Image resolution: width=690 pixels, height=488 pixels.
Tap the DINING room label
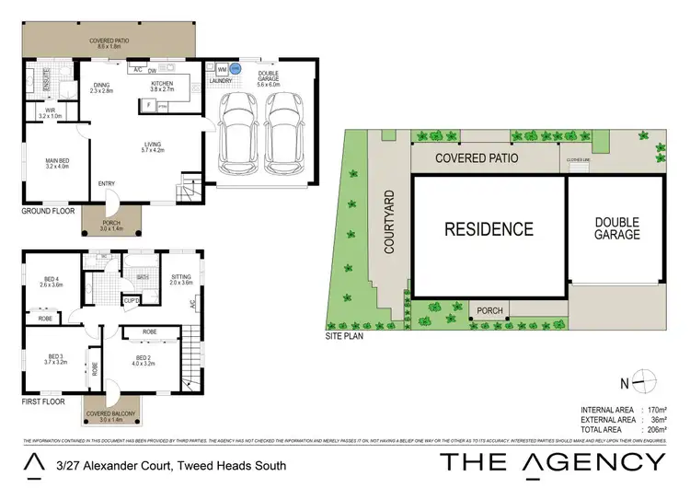click(x=100, y=87)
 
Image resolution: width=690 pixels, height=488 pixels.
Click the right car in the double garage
click(x=284, y=134)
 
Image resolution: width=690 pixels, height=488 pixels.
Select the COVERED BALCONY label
click(x=110, y=413)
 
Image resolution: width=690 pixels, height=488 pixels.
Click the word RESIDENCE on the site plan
click(x=489, y=229)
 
